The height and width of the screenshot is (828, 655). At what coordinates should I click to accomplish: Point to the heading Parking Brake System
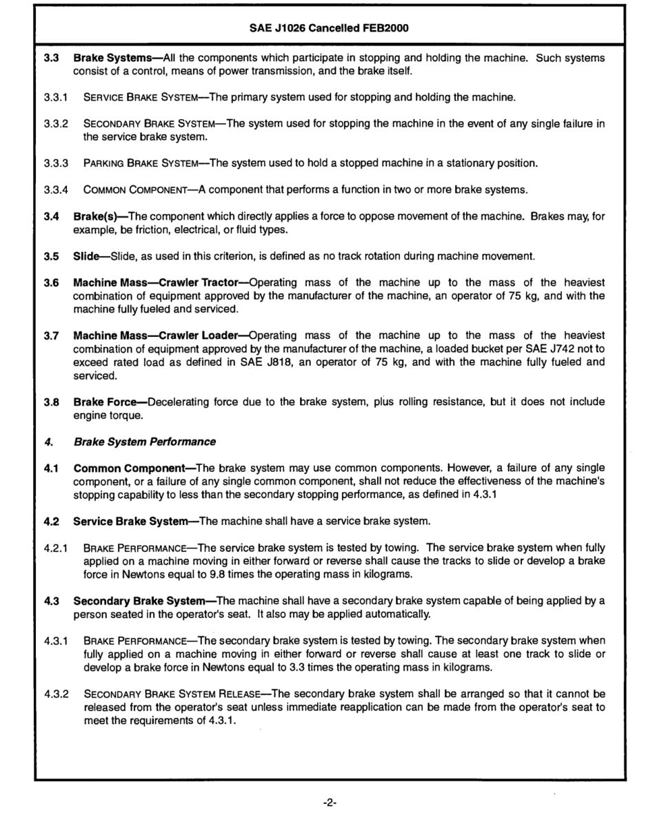[x=145, y=163]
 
